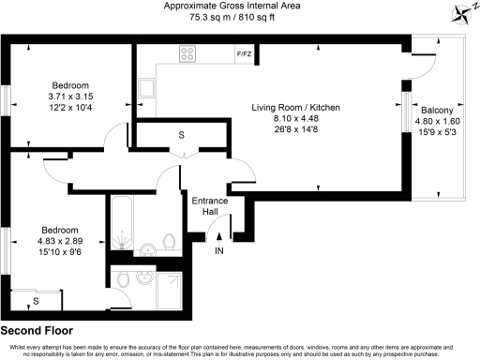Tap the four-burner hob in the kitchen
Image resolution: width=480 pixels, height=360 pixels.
point(187,53)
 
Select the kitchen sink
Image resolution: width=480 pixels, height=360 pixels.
point(145,88)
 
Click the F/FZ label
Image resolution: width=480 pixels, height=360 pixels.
point(244,54)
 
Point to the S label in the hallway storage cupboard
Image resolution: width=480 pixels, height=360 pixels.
point(180,136)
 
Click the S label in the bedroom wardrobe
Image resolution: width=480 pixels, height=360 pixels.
point(36,301)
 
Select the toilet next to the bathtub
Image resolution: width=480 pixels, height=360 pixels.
point(169,243)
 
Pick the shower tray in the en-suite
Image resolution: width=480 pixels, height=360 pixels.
point(171,291)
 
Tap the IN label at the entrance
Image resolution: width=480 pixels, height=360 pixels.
point(219,251)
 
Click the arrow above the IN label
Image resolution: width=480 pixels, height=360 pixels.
point(219,235)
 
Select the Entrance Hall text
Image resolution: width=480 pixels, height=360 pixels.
point(208,207)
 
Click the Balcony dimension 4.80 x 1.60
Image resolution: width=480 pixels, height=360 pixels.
point(439,119)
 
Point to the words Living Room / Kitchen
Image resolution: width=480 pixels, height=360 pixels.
point(295,108)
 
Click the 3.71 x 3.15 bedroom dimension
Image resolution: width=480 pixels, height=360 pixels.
point(64,96)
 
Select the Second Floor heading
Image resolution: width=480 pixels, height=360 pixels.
point(37,331)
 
